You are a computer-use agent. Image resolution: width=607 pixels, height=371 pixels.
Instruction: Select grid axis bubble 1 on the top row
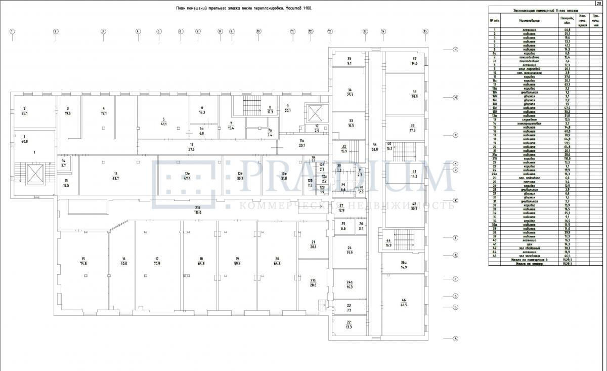pos(12,31)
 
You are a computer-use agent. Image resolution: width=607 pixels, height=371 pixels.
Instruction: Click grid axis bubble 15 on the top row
pos(425,31)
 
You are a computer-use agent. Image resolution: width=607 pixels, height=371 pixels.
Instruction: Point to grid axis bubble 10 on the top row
pos(258,31)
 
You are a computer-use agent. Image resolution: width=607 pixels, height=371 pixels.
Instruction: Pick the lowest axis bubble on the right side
pos(455,339)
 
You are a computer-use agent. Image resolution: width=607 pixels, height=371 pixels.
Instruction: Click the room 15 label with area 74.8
pos(83,261)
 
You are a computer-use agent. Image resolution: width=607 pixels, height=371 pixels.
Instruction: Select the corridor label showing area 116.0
pos(197,210)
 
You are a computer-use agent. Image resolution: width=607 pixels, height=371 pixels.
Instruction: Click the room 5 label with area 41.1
pos(163,121)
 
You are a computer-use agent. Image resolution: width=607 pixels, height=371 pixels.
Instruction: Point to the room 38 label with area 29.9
pos(414,94)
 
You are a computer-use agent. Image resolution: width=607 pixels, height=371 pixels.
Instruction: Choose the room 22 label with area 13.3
pos(349,324)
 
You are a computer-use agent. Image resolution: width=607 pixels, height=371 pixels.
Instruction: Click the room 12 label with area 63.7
pos(115,176)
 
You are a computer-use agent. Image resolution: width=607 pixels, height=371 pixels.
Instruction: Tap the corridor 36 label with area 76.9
pos(375,147)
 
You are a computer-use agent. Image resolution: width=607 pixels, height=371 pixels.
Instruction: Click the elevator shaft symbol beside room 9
pos(312,112)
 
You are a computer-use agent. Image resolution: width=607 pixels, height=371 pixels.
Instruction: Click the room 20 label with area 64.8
pos(277,261)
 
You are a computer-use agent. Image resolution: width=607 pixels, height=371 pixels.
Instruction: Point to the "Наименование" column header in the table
pos(530,20)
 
